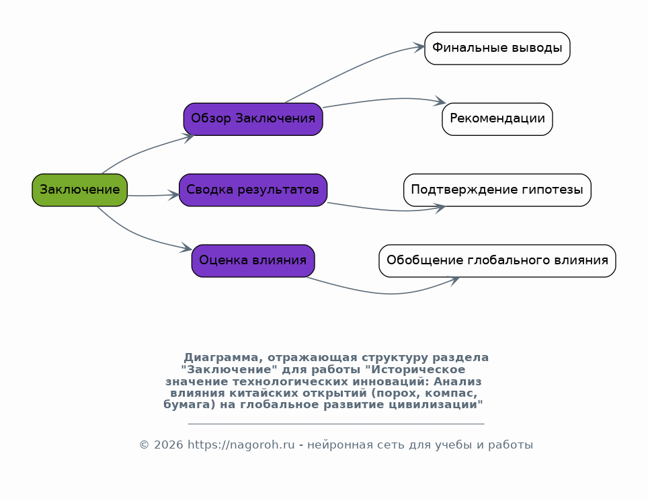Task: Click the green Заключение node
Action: (x=80, y=190)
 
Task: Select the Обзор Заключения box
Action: (x=253, y=119)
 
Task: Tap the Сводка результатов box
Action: (x=253, y=190)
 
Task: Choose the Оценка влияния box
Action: (x=253, y=261)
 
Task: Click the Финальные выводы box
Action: (x=497, y=48)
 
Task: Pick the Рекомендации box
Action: (x=497, y=119)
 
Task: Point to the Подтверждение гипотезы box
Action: (x=497, y=190)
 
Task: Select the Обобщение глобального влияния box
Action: (x=497, y=261)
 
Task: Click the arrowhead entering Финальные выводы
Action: (x=419, y=47)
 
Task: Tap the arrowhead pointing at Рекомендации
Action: (x=440, y=102)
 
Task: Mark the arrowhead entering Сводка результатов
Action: (x=174, y=195)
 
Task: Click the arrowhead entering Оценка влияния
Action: (x=186, y=248)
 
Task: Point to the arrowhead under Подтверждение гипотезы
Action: (x=440, y=208)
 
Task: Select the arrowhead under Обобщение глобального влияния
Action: (x=454, y=280)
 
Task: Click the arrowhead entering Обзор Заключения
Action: (x=188, y=137)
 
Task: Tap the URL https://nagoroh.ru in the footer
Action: (x=241, y=445)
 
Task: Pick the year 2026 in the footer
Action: (x=168, y=445)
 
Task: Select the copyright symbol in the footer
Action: (x=144, y=445)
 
